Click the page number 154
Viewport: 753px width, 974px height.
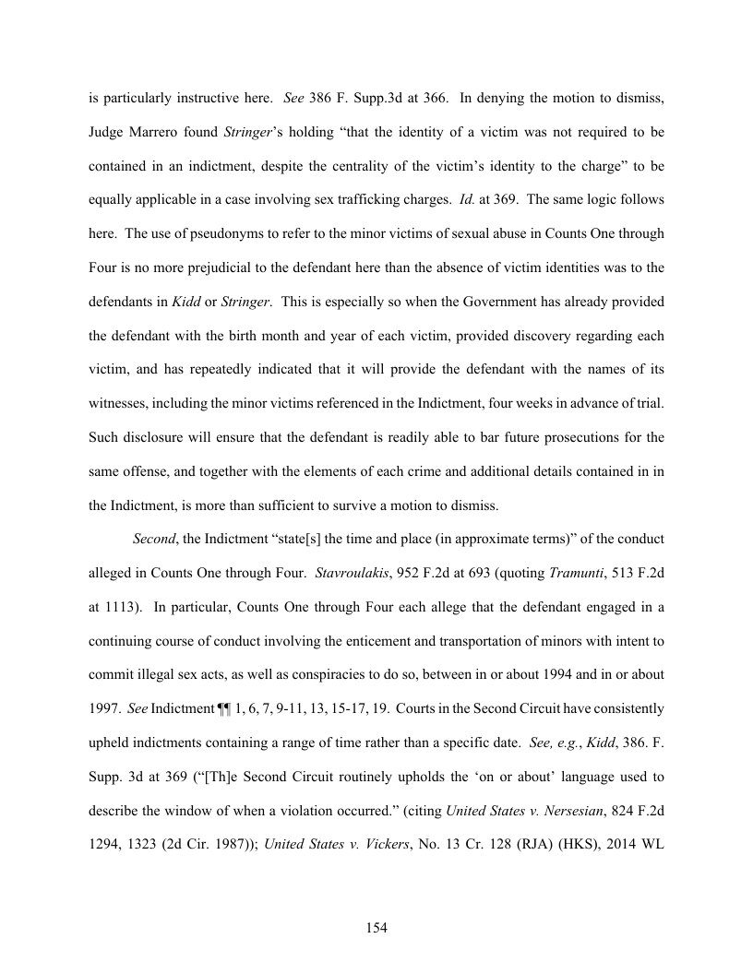pos(376,928)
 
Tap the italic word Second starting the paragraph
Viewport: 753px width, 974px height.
pos(153,538)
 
